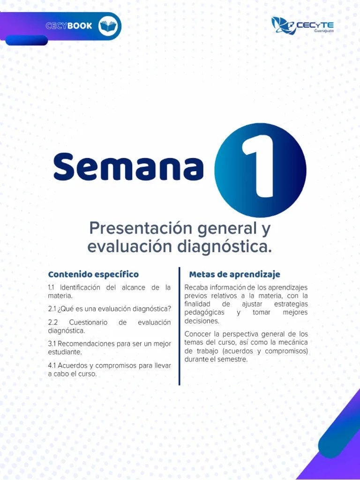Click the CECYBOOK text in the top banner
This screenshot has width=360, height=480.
click(69, 26)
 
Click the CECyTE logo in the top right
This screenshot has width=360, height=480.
click(302, 25)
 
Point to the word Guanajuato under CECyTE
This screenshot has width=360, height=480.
click(324, 30)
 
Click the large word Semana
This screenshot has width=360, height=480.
click(128, 167)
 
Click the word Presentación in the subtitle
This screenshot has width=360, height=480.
click(141, 229)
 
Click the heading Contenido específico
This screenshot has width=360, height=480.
click(93, 274)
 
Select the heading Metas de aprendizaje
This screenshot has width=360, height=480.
click(234, 274)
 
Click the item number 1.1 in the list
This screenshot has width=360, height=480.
click(52, 287)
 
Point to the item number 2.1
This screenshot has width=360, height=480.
click(52, 309)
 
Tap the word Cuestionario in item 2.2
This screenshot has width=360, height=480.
click(88, 322)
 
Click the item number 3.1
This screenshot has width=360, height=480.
click(52, 344)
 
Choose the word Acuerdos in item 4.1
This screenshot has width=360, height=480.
click(74, 365)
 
